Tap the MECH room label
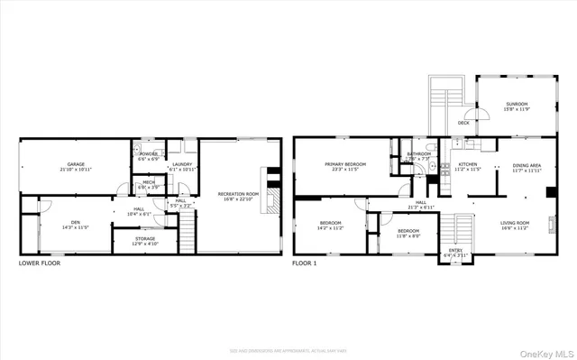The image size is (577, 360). [147, 185]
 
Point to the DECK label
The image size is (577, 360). [463, 123]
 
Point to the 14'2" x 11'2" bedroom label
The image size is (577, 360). [331, 225]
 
